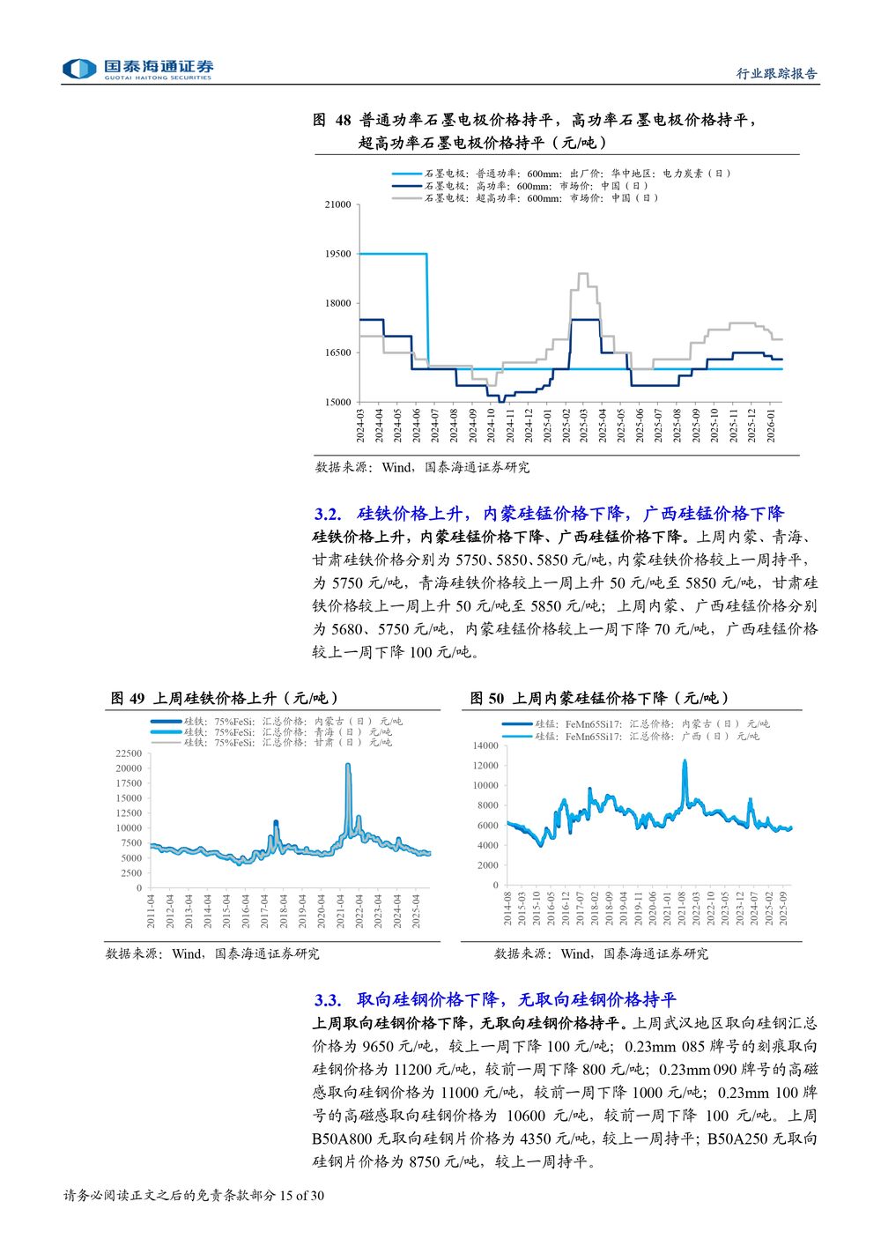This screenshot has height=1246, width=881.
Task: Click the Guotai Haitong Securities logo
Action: pyautogui.click(x=137, y=69)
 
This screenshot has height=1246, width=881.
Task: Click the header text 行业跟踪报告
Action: pyautogui.click(x=776, y=74)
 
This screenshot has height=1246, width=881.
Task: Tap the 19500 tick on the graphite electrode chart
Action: pyautogui.click(x=338, y=254)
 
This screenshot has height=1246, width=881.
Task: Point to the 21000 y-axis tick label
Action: pyautogui.click(x=338, y=204)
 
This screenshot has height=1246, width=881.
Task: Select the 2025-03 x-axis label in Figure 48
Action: pyautogui.click(x=584, y=426)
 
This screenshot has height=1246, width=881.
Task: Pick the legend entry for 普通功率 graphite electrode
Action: pyautogui.click(x=577, y=174)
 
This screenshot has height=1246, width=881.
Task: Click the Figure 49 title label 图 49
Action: pyautogui.click(x=127, y=699)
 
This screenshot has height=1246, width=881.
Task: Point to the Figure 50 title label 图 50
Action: pyautogui.click(x=486, y=699)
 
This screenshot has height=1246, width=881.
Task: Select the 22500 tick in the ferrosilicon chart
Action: pyautogui.click(x=129, y=753)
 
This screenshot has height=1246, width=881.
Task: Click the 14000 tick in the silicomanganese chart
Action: pyautogui.click(x=485, y=745)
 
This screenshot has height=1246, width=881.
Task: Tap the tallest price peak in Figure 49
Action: pyautogui.click(x=348, y=765)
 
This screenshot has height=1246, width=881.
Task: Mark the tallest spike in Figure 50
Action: pyautogui.click(x=685, y=760)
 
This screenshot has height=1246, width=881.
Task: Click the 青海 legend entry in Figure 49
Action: pyautogui.click(x=287, y=731)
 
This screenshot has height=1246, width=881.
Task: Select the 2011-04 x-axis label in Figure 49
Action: pyautogui.click(x=151, y=910)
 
